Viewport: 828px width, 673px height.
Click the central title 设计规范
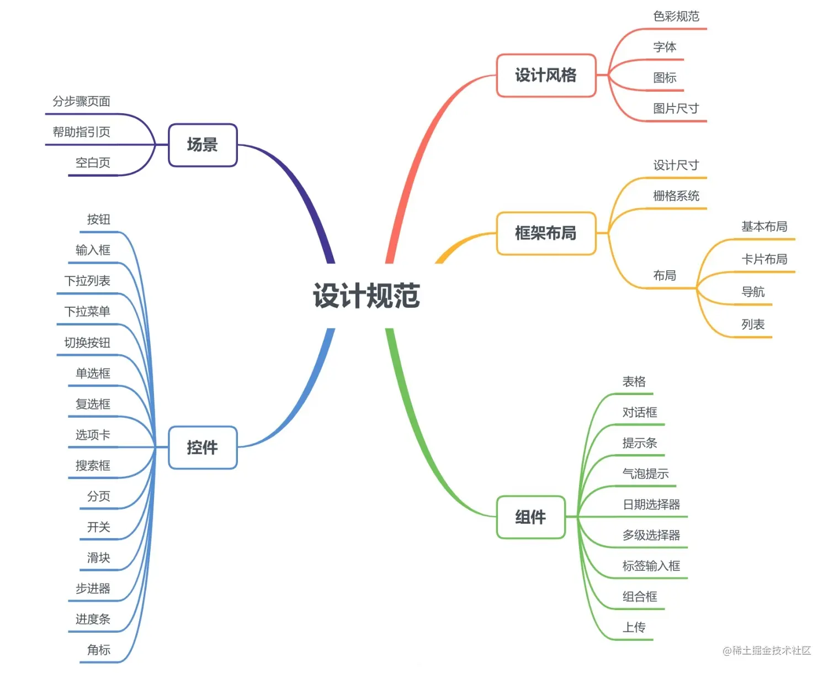pos(367,296)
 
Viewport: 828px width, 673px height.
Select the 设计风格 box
pos(546,76)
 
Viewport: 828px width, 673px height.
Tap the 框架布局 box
pos(546,233)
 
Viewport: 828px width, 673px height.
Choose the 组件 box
pos(530,517)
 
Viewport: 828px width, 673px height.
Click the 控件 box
pos(203,448)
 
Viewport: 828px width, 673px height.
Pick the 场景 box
pos(203,145)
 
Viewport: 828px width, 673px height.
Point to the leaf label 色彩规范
pos(676,17)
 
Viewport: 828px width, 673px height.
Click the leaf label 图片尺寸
pos(676,108)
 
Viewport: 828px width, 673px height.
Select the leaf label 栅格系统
pos(676,196)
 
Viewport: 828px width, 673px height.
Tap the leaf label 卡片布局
pos(765,259)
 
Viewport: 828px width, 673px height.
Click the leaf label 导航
pos(753,292)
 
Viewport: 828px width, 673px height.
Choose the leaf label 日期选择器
pos(651,504)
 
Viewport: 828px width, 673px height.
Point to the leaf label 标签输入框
pos(651,566)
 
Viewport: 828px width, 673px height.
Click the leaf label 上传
pos(634,627)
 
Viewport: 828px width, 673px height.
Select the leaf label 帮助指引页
pos(82,132)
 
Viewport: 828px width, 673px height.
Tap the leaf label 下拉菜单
pos(87,312)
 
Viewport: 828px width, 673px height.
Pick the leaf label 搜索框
pos(93,466)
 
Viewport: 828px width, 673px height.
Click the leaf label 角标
pos(99,650)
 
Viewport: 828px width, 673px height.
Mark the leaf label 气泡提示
pos(646,474)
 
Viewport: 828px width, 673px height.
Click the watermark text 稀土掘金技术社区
pos(771,650)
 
